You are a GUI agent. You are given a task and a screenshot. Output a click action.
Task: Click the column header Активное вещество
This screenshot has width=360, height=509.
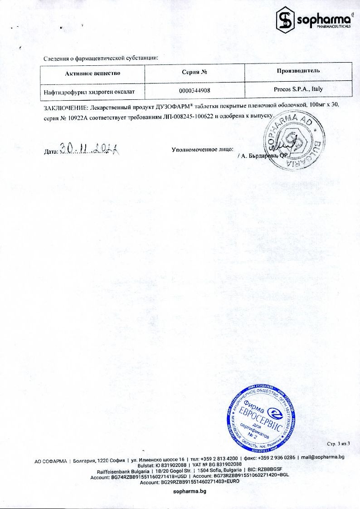92,73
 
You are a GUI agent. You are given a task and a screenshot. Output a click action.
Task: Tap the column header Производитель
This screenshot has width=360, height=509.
298,70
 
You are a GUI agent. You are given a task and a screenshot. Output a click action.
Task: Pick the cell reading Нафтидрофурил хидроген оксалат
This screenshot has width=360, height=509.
89,92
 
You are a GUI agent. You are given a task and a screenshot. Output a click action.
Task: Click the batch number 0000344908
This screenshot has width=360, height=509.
195,91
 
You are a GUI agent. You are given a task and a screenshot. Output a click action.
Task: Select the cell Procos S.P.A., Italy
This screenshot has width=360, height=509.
298,89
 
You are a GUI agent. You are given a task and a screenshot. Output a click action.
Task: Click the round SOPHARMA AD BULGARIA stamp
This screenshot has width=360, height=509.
295,142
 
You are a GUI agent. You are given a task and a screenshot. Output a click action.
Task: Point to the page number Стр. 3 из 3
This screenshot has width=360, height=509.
339,443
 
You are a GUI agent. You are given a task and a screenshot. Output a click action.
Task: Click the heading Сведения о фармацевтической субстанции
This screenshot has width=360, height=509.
101,58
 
